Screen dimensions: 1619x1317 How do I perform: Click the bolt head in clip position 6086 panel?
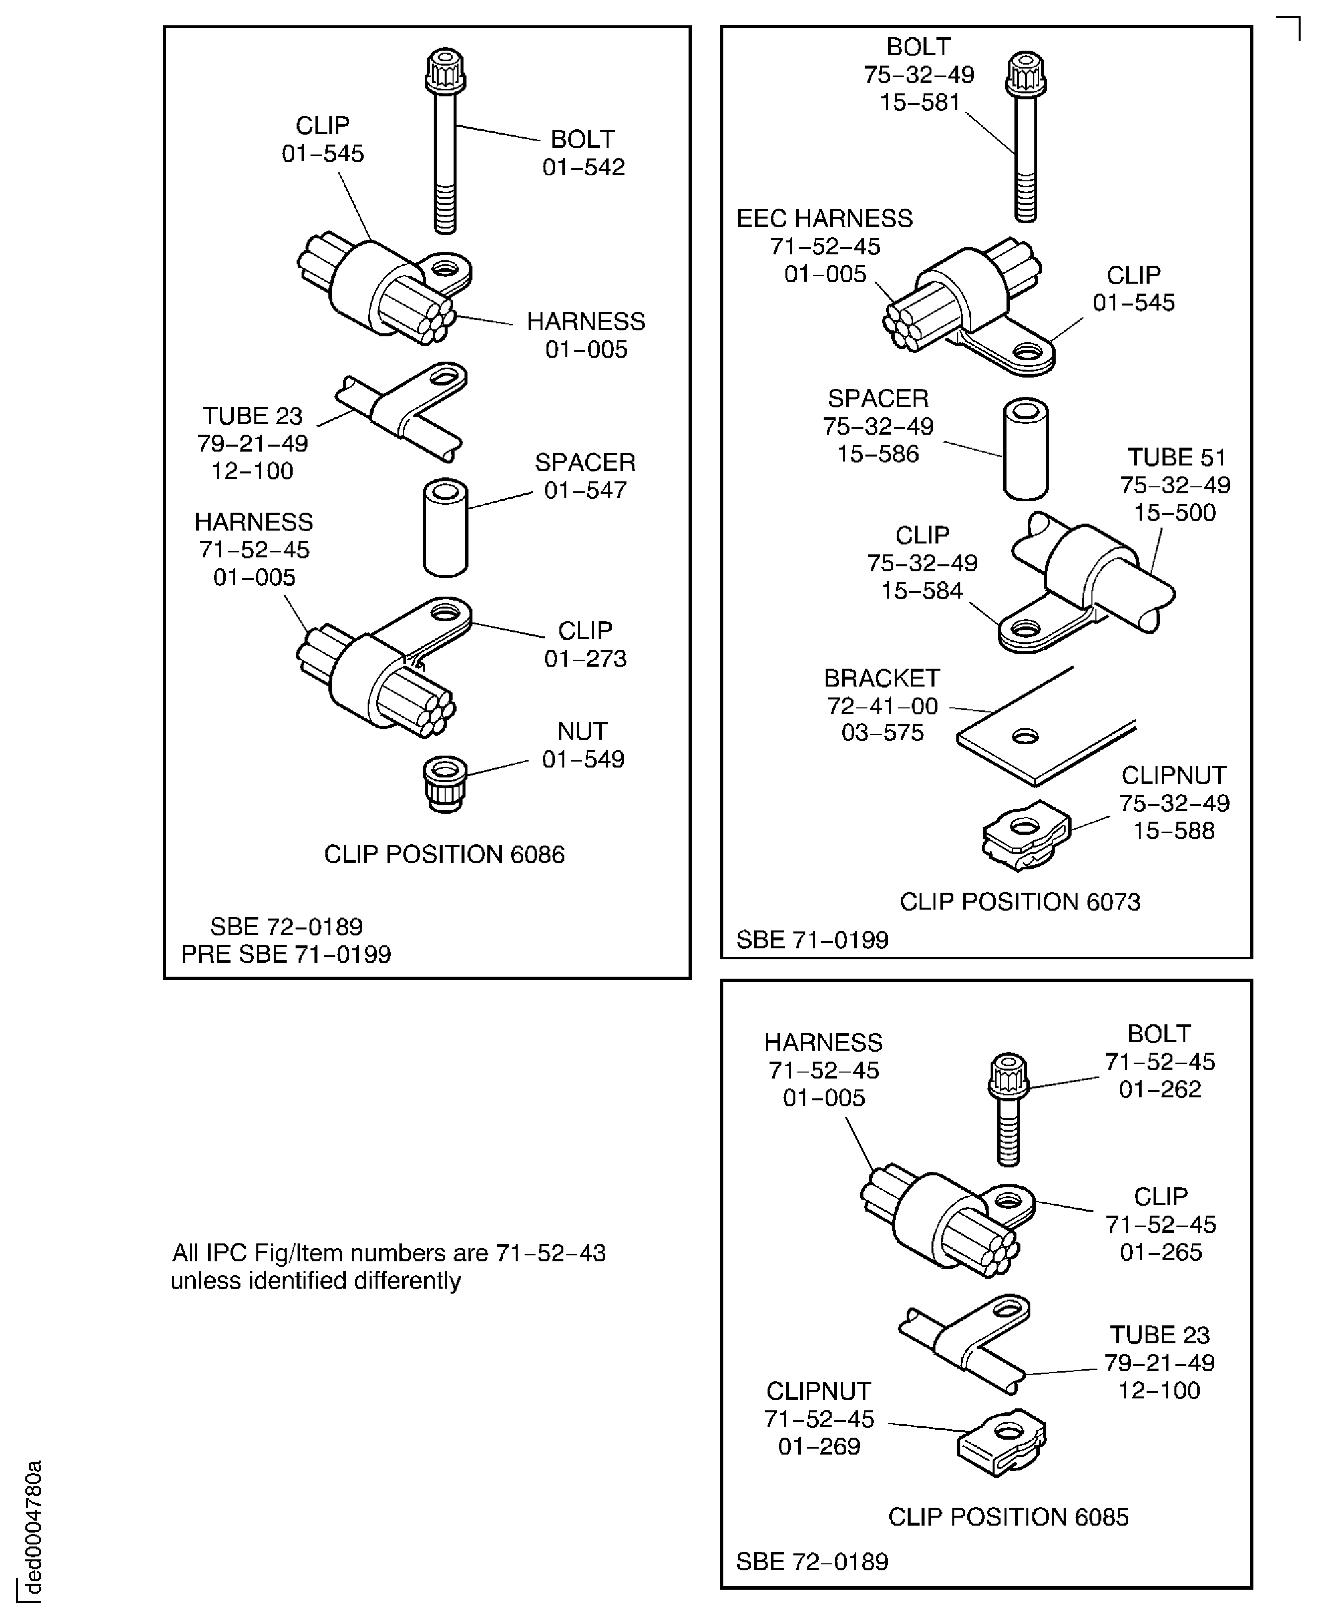click(x=445, y=71)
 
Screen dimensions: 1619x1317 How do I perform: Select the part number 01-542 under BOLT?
click(x=583, y=167)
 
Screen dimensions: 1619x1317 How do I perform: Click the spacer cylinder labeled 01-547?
click(x=445, y=527)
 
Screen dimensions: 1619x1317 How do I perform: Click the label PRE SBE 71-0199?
click(x=286, y=954)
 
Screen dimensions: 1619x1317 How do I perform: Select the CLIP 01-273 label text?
click(x=585, y=644)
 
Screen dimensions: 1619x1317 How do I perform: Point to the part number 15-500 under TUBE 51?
click(x=1174, y=513)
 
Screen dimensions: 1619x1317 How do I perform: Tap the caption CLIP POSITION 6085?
click(x=1007, y=1517)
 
